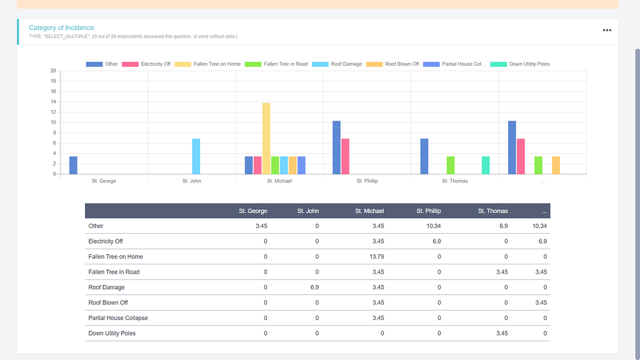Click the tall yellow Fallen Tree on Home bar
tap(266, 139)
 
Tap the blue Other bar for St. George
tap(73, 165)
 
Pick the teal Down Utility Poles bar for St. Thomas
tap(486, 165)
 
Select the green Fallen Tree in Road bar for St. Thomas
tap(451, 165)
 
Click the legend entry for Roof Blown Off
tap(392, 64)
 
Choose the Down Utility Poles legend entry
tap(520, 64)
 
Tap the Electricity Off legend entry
tap(147, 64)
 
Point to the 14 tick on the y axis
tap(54, 102)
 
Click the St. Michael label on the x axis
tap(279, 181)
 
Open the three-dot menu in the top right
tap(607, 30)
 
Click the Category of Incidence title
tap(61, 28)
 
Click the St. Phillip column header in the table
tap(429, 211)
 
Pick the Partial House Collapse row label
tap(118, 318)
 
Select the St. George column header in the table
tap(252, 211)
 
